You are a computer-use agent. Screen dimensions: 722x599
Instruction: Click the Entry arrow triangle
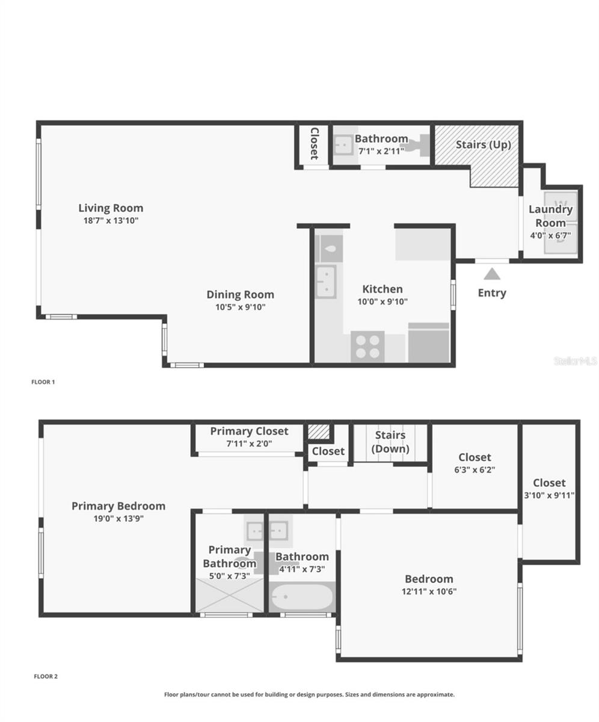pyautogui.click(x=492, y=274)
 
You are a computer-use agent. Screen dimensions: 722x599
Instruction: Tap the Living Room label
pyautogui.click(x=111, y=208)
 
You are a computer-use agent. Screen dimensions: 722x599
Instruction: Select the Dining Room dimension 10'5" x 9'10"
pyautogui.click(x=240, y=307)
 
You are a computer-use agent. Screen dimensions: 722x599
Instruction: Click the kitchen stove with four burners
pyautogui.click(x=367, y=347)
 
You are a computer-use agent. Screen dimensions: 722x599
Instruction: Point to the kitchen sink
pyautogui.click(x=326, y=281)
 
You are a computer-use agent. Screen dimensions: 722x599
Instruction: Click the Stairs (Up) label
pyautogui.click(x=483, y=145)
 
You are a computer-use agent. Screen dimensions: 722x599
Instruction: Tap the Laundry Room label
pyautogui.click(x=550, y=215)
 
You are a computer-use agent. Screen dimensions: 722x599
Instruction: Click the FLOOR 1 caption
pyautogui.click(x=43, y=381)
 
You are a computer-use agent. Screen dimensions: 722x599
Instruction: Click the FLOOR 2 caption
pyautogui.click(x=46, y=676)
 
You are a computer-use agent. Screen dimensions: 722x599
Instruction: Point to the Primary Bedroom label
pyautogui.click(x=118, y=506)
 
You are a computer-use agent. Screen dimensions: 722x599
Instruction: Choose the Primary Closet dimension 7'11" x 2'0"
pyautogui.click(x=249, y=443)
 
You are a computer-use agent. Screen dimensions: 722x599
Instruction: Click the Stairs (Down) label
pyautogui.click(x=390, y=442)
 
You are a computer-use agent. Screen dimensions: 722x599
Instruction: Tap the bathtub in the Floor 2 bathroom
pyautogui.click(x=301, y=597)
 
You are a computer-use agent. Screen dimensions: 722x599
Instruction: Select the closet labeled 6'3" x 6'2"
pyautogui.click(x=475, y=463)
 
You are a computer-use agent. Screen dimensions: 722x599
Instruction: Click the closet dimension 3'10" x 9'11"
pyautogui.click(x=549, y=495)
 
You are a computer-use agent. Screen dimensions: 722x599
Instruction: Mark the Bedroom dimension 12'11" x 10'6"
pyautogui.click(x=428, y=591)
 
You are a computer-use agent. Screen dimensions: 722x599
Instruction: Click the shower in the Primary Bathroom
pyautogui.click(x=229, y=595)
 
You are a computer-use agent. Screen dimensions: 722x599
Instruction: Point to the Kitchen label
pyautogui.click(x=382, y=289)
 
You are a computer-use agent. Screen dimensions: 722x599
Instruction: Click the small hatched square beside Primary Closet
pyautogui.click(x=319, y=431)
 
